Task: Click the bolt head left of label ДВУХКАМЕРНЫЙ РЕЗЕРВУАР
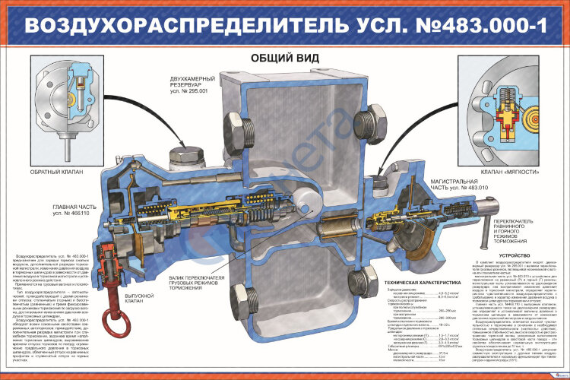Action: (185, 155)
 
